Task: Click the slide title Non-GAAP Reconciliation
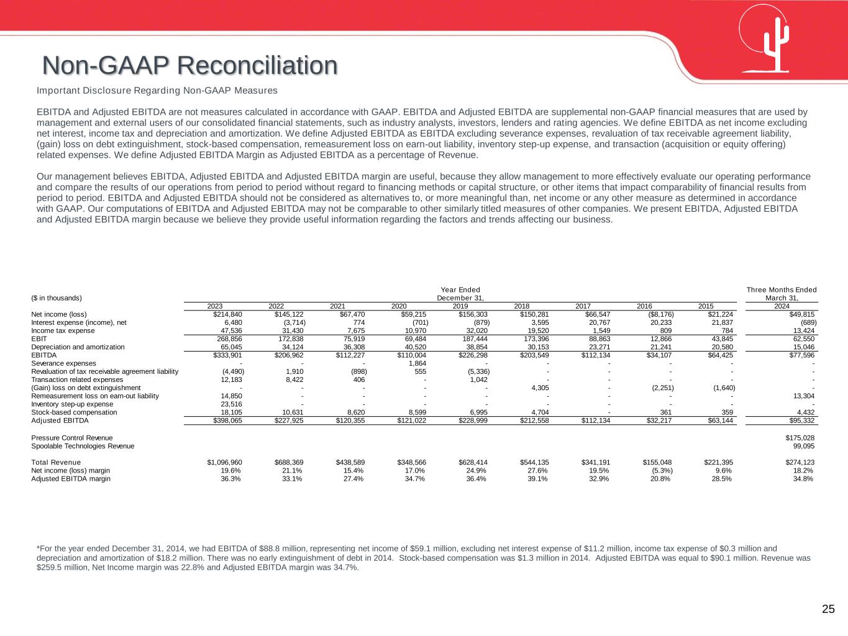(190, 65)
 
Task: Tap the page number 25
(828, 609)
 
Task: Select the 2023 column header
(214, 306)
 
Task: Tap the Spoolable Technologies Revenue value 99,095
(804, 446)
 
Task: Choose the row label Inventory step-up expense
(72, 404)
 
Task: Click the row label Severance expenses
(63, 363)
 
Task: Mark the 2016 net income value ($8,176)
(660, 314)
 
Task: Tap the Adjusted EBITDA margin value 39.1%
(537, 479)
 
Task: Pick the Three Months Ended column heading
(782, 290)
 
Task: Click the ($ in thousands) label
(57, 298)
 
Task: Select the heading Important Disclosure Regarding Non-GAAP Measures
(157, 91)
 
